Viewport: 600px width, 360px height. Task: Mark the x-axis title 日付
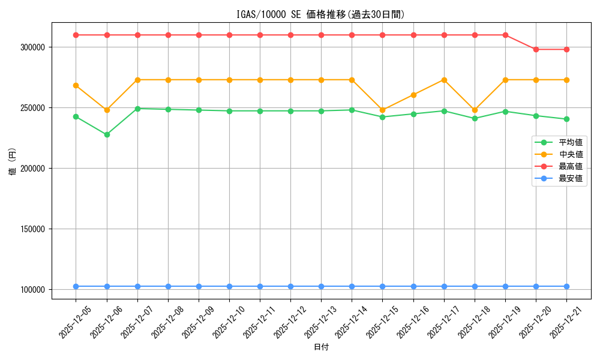tap(321, 347)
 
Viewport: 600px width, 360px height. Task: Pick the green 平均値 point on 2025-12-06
tap(107, 134)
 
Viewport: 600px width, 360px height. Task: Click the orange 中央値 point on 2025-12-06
tap(107, 110)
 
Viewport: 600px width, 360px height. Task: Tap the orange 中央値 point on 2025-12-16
tap(413, 95)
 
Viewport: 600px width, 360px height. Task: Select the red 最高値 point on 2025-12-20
tap(536, 49)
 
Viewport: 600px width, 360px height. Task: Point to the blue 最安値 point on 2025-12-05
tap(76, 286)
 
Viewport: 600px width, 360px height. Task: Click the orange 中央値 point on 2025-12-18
tap(475, 110)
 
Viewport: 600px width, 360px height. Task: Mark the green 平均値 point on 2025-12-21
tap(566, 119)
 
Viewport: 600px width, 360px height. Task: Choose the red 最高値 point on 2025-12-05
tap(76, 35)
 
